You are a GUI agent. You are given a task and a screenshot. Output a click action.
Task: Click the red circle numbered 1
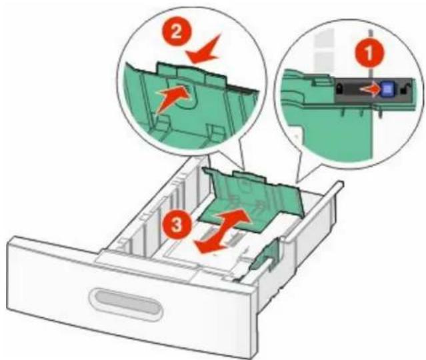pyautogui.click(x=369, y=53)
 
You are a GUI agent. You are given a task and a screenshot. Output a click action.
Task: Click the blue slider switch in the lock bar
pyautogui.click(x=387, y=89)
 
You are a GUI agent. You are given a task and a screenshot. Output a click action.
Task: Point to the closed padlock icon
pyautogui.click(x=339, y=89)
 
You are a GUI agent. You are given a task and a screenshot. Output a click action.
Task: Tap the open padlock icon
pyautogui.click(x=405, y=89)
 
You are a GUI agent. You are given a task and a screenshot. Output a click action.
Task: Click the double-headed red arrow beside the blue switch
pyautogui.click(x=370, y=89)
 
